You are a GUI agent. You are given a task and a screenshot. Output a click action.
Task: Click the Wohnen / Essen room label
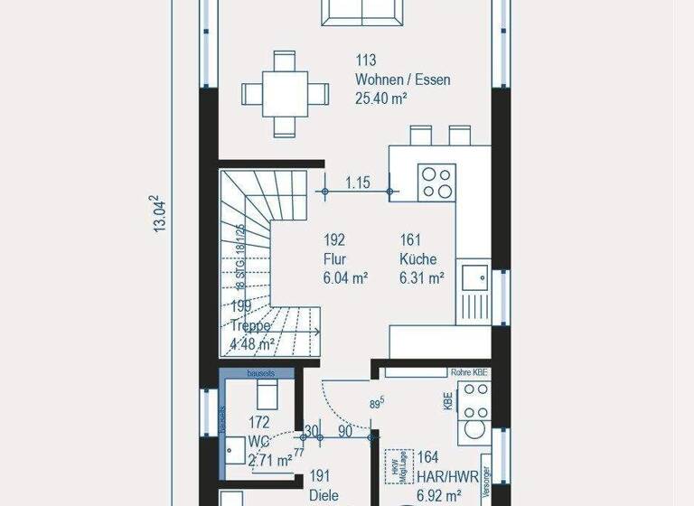402,80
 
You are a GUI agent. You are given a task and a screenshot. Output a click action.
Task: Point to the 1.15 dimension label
358,183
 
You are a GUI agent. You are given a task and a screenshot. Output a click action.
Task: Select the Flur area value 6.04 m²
345,278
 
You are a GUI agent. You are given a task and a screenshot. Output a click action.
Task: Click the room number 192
334,240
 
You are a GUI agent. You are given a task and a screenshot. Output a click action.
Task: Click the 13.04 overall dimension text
160,213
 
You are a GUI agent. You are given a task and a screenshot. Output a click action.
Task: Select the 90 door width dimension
344,432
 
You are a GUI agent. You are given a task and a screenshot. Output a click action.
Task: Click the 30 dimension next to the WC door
311,432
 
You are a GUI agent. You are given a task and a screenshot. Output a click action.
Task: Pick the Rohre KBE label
468,371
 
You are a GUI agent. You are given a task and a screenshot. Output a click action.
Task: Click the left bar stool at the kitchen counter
421,136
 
